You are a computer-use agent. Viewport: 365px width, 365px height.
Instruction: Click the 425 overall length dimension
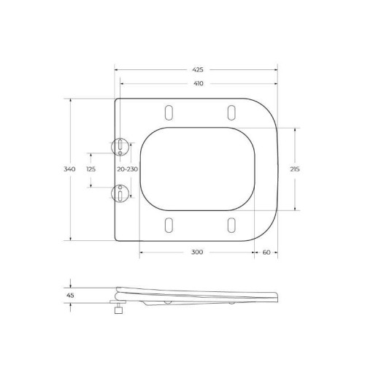[x=197, y=69]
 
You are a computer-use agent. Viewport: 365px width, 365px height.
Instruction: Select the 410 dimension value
[x=197, y=83]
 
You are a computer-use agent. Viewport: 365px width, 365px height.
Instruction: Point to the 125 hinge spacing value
[x=91, y=169]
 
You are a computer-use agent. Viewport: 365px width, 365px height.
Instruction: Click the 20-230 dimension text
[x=127, y=169]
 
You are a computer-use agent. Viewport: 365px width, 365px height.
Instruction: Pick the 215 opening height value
[x=295, y=169]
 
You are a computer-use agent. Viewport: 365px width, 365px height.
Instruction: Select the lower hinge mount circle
[x=120, y=193]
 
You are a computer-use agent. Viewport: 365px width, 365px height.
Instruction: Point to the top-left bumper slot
[x=169, y=112]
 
